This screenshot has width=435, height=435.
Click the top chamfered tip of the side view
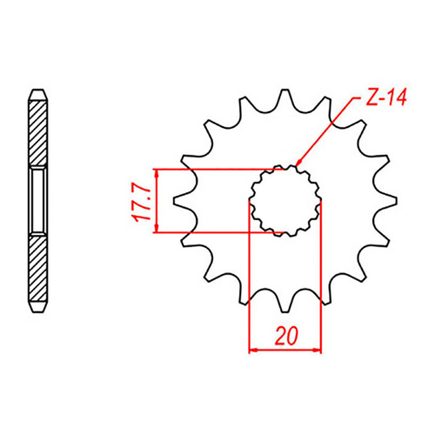37,91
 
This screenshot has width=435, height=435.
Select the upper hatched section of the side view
37,130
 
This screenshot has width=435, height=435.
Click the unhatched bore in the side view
37,201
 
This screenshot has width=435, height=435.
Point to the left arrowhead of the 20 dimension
255,351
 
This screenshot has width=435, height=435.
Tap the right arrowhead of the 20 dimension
318,351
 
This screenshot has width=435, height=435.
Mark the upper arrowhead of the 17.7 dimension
157,172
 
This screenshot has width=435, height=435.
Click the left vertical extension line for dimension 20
251,287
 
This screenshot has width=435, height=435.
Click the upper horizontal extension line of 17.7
217,168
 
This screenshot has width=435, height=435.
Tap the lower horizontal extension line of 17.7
217,232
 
